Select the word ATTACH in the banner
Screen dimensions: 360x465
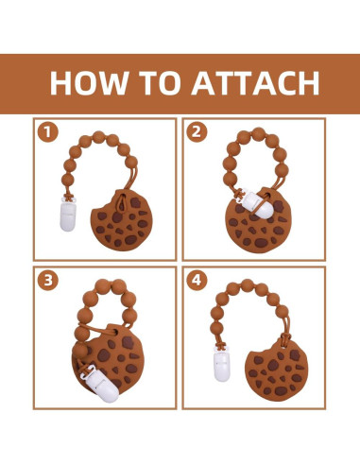point(256,83)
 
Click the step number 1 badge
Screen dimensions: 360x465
point(47,132)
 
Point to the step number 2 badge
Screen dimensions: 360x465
point(197,132)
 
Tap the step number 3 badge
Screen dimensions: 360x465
point(47,280)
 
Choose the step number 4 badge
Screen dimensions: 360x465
point(197,280)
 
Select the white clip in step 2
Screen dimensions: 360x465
point(257,204)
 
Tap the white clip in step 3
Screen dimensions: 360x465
point(102,385)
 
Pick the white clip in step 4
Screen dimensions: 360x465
point(222,367)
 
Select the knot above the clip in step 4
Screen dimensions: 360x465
point(221,348)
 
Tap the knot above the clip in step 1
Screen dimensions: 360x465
point(68,198)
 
